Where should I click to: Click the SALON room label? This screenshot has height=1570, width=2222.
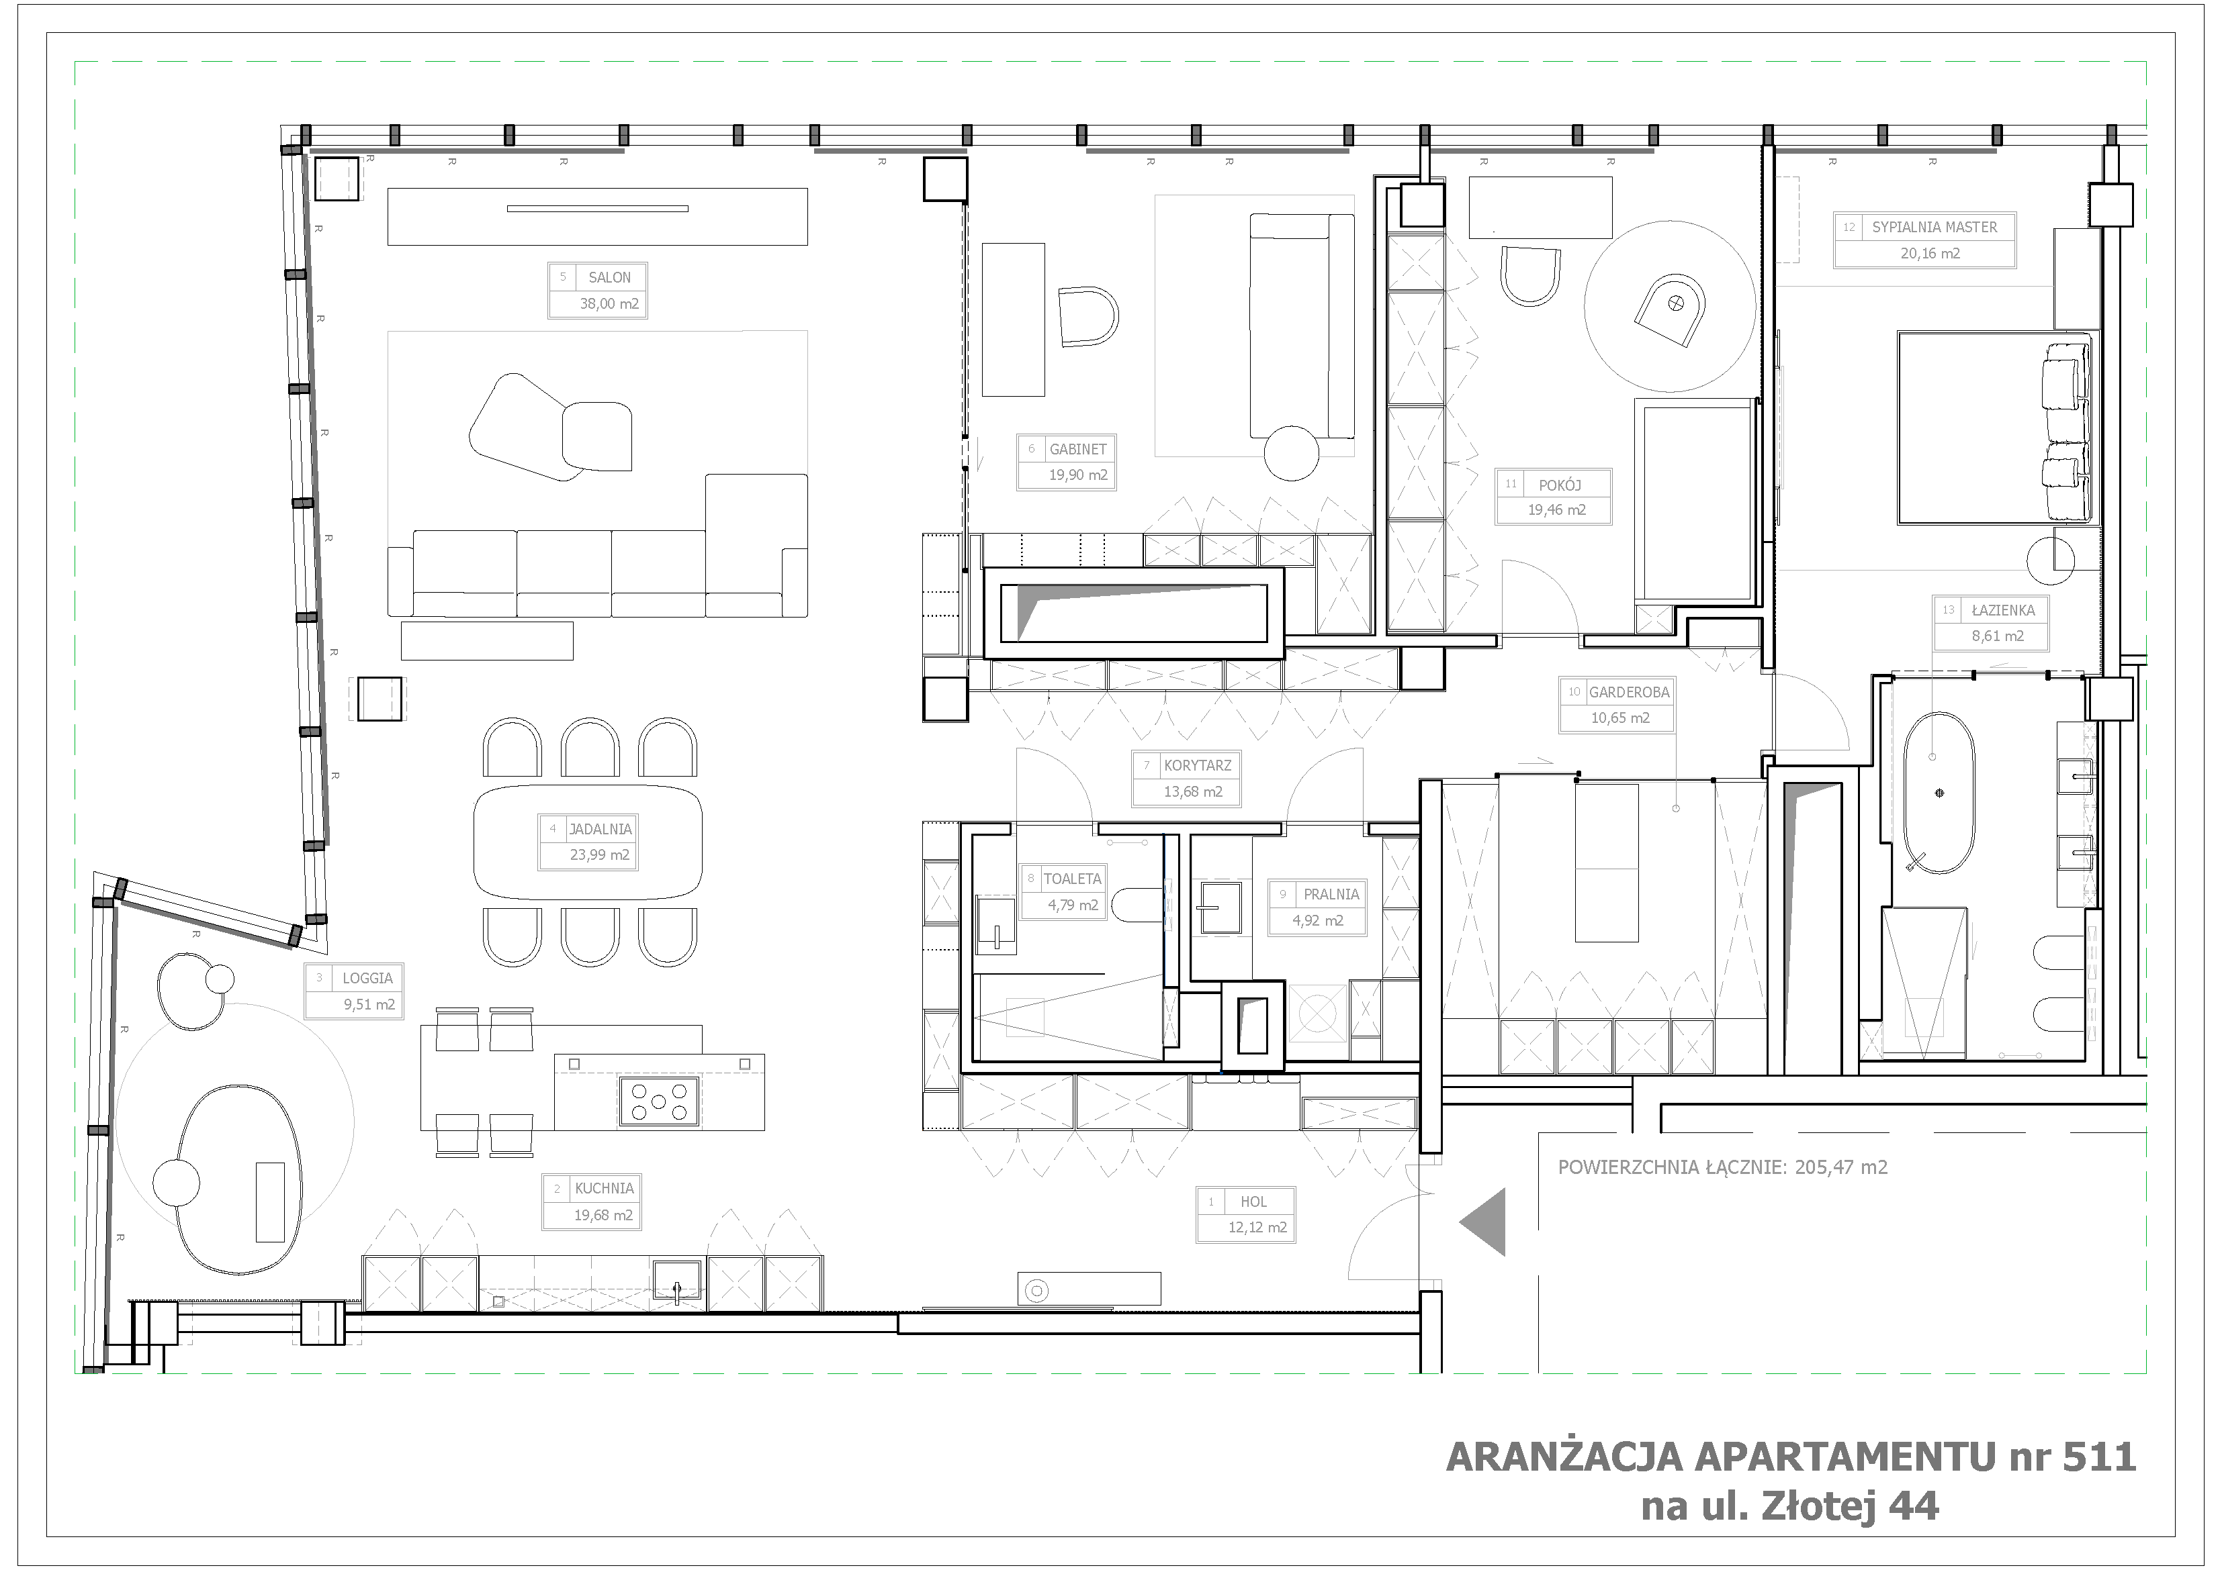[x=610, y=278]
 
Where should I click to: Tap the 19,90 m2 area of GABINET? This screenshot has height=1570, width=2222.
[x=1078, y=475]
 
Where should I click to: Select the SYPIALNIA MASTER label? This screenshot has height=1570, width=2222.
[x=1935, y=228]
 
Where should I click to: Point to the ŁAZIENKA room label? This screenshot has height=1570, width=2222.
[x=2003, y=610]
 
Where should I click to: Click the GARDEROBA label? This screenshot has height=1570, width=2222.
[x=1630, y=693]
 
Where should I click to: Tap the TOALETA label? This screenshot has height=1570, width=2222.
[x=1072, y=879]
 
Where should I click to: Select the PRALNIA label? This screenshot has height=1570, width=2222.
[x=1331, y=895]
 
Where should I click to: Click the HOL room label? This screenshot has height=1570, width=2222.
[x=1253, y=1201]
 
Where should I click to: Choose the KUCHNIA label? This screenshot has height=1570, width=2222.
[x=605, y=1188]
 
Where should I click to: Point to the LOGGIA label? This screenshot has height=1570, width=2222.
[x=367, y=978]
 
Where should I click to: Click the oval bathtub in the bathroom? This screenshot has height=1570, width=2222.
[x=1939, y=794]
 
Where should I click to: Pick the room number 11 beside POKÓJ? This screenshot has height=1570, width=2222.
[x=1511, y=485]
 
